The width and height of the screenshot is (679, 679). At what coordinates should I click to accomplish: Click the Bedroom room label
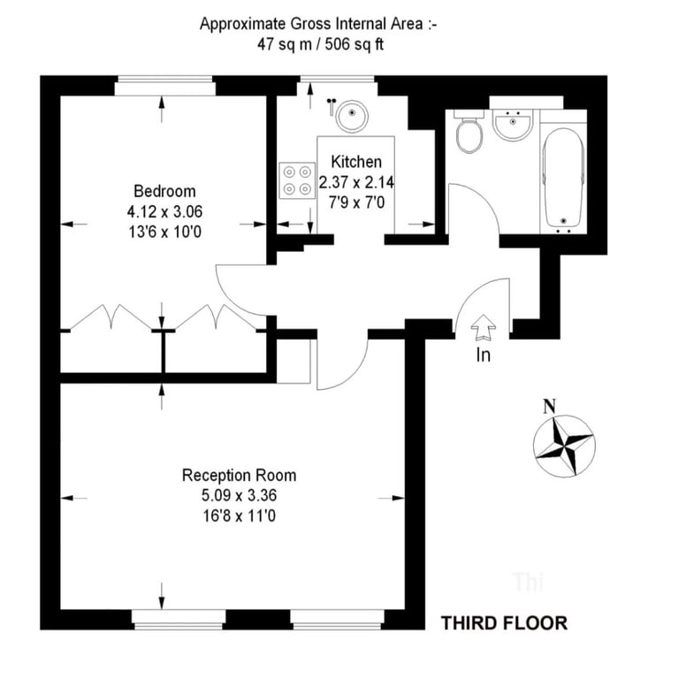pyautogui.click(x=164, y=191)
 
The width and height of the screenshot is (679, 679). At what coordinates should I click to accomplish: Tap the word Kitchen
pyautogui.click(x=356, y=162)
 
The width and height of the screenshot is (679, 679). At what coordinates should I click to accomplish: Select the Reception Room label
pyautogui.click(x=239, y=475)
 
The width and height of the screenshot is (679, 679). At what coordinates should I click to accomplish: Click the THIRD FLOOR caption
pyautogui.click(x=504, y=623)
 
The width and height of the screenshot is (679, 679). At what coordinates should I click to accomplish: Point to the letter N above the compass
pyautogui.click(x=550, y=406)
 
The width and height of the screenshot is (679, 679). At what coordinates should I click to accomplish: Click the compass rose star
pyautogui.click(x=564, y=446)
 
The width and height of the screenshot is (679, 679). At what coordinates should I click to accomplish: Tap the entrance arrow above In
pyautogui.click(x=484, y=327)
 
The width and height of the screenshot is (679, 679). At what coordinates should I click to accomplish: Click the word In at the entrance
pyautogui.click(x=484, y=355)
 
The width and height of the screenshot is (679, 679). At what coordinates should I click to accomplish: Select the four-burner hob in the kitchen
pyautogui.click(x=297, y=180)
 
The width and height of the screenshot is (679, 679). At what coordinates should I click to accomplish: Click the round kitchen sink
pyautogui.click(x=353, y=116)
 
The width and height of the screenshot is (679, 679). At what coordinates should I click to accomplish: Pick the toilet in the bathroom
pyautogui.click(x=469, y=131)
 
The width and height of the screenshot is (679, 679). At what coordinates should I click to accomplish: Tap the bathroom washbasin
pyautogui.click(x=513, y=126)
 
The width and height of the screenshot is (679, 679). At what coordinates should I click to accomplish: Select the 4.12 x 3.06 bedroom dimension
pyautogui.click(x=164, y=212)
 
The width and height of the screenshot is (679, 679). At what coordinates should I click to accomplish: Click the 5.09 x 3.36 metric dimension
pyautogui.click(x=239, y=495)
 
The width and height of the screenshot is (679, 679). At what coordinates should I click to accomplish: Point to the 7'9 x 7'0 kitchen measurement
pyautogui.click(x=356, y=202)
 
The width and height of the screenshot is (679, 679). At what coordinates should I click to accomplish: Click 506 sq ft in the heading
pyautogui.click(x=355, y=44)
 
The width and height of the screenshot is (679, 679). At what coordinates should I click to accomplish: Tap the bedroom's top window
pyautogui.click(x=164, y=86)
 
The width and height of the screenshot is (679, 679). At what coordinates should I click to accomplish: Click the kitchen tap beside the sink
pyautogui.click(x=332, y=106)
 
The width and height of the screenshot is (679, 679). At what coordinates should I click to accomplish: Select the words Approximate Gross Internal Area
pyautogui.click(x=311, y=24)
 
